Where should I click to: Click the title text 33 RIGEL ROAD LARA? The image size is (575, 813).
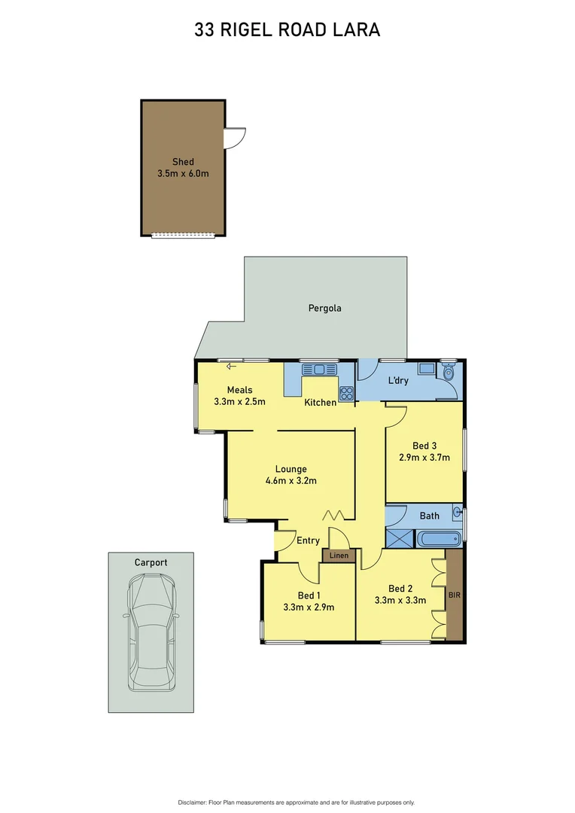click(x=287, y=30)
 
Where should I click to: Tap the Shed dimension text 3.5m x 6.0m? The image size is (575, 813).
click(x=183, y=174)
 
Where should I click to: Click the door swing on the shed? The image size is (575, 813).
click(x=235, y=137)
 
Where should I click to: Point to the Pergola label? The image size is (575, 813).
click(x=325, y=308)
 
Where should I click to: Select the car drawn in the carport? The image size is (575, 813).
click(x=151, y=632)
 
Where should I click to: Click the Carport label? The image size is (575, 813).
click(x=151, y=562)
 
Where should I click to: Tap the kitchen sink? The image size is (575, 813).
click(x=320, y=369)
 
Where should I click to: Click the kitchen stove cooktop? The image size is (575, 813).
click(x=346, y=392)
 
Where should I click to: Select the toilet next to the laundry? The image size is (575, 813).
click(x=449, y=372)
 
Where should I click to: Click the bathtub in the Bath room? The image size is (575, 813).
click(x=437, y=539)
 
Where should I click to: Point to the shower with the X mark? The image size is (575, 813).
click(x=399, y=538)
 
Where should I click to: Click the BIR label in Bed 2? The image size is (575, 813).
click(x=454, y=594)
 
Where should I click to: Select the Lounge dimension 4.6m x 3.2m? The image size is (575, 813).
click(x=291, y=481)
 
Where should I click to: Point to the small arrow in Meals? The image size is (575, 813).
click(x=231, y=367)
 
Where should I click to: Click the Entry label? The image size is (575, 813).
click(x=308, y=540)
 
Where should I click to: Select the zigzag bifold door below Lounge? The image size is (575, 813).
click(x=333, y=515)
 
